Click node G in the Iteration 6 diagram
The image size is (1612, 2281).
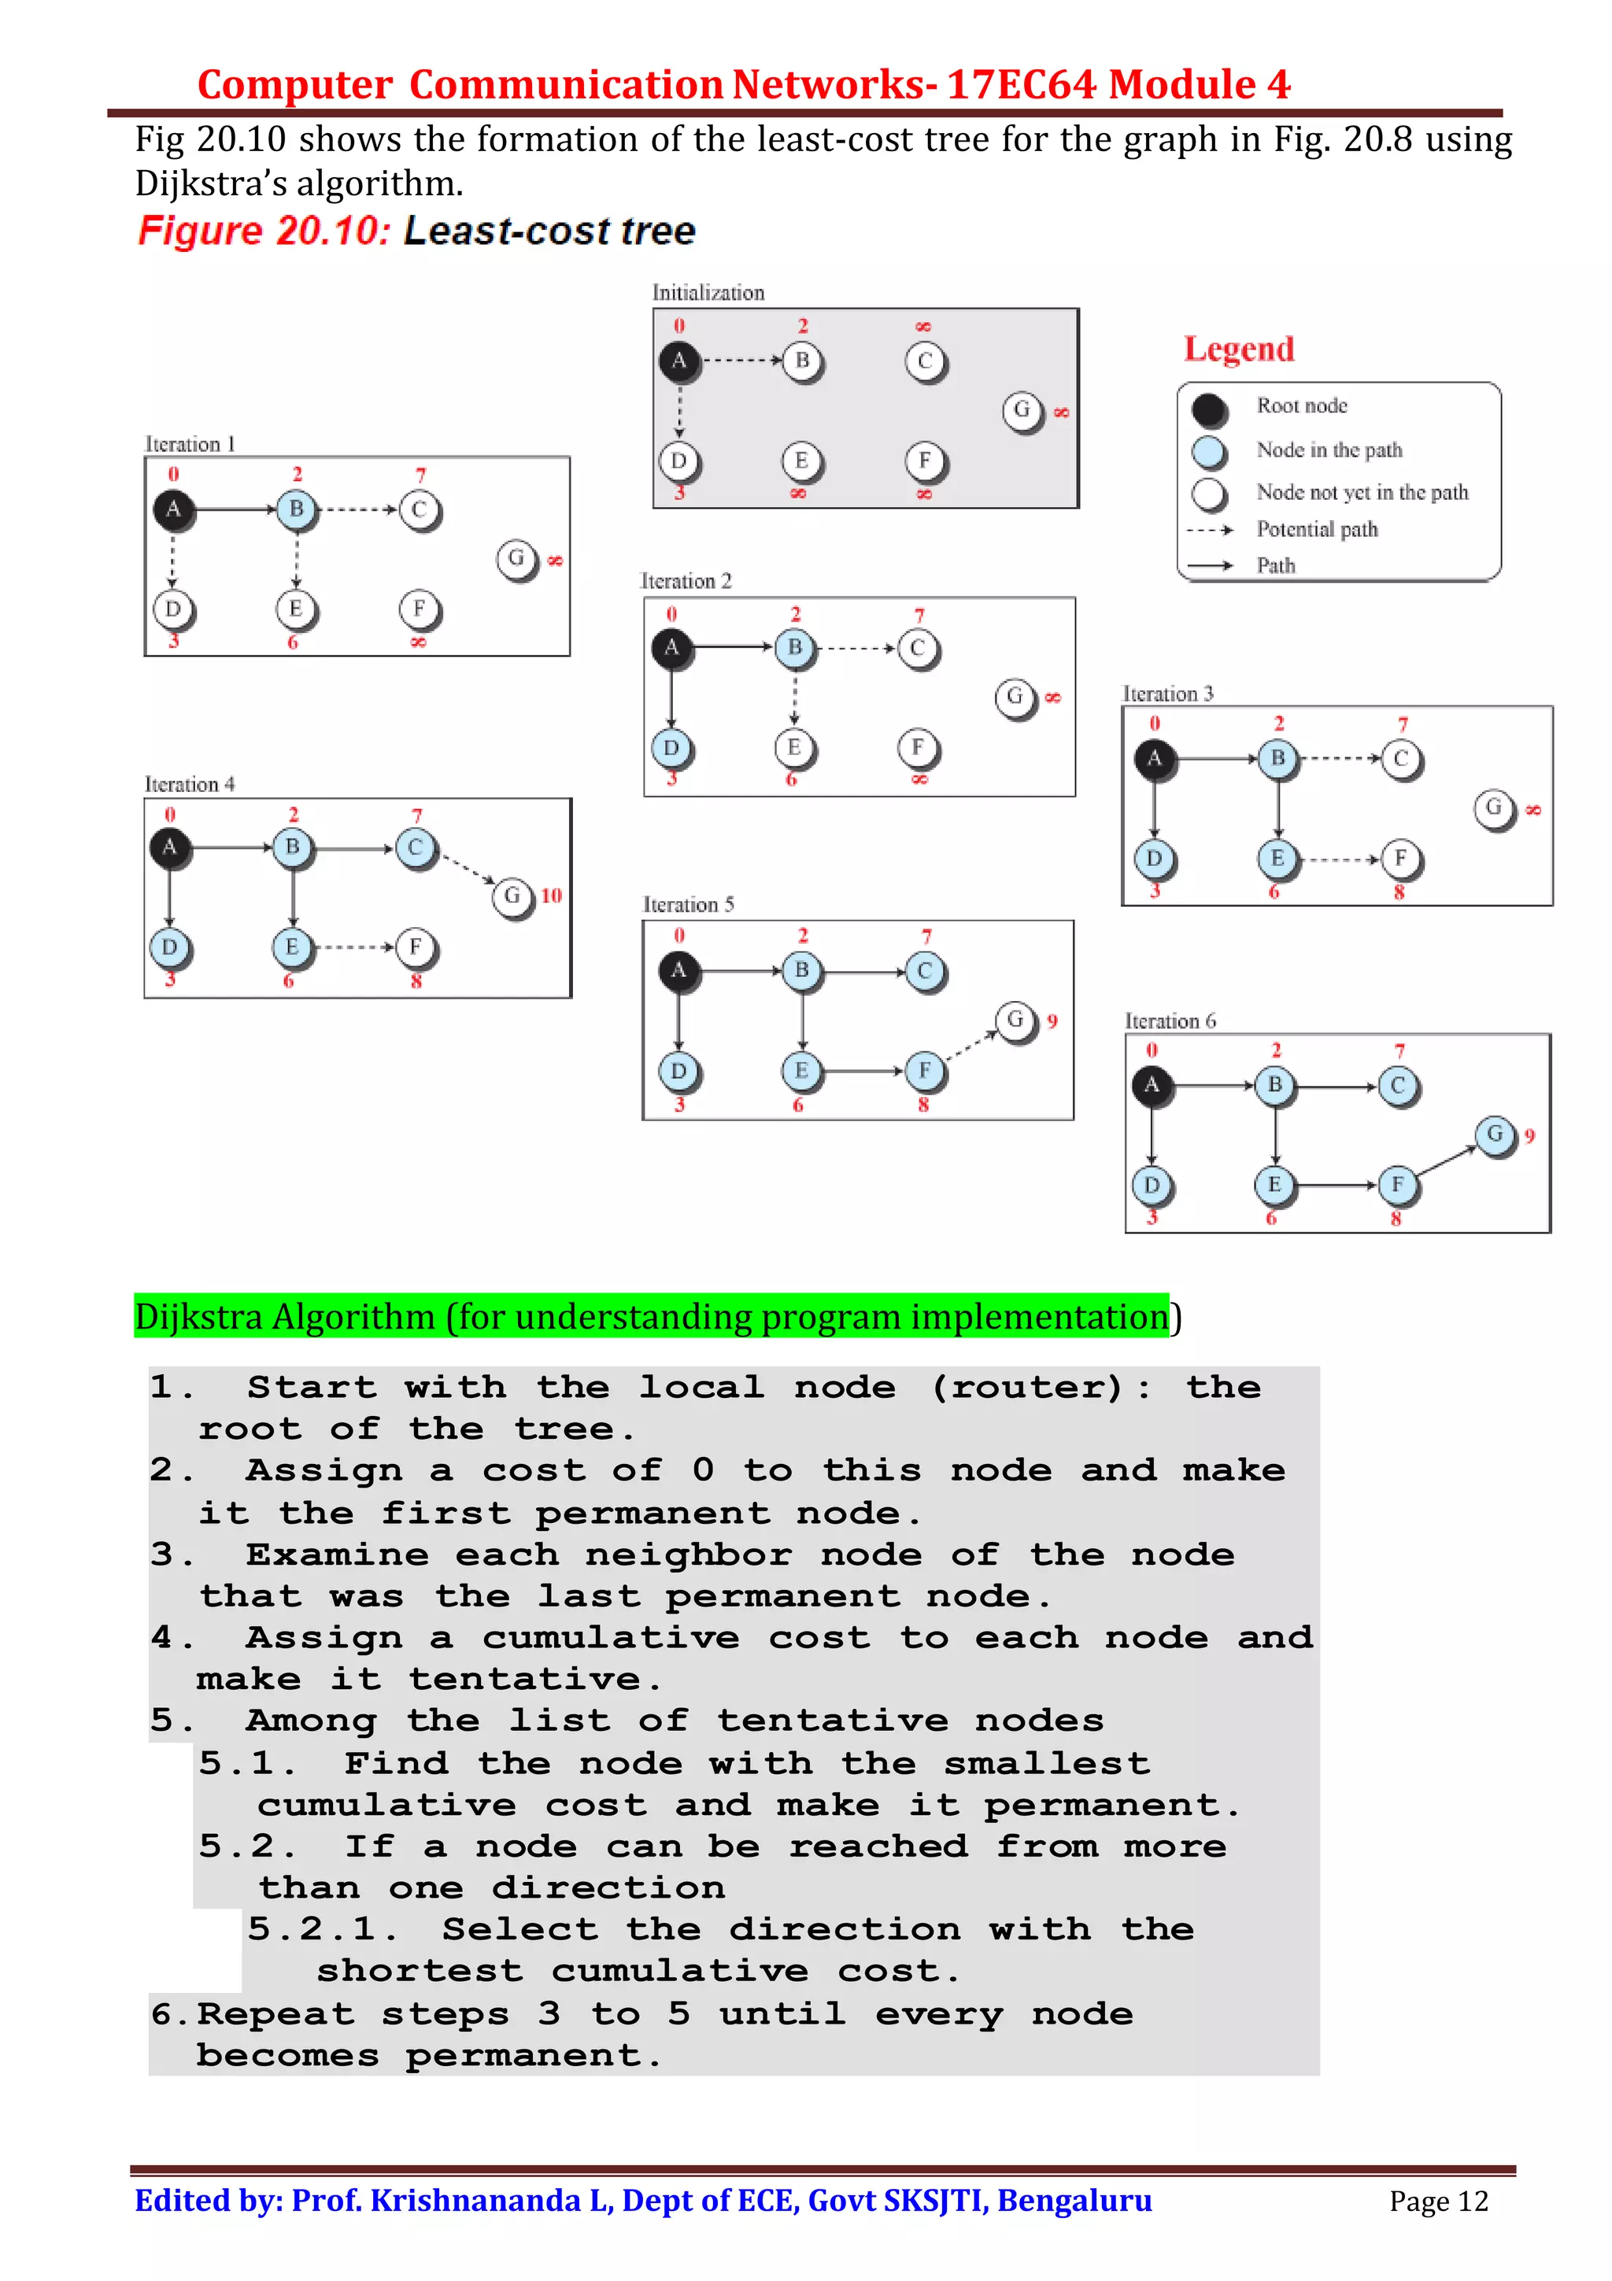pyautogui.click(x=1494, y=1133)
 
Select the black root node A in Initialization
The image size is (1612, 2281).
pyautogui.click(x=678, y=360)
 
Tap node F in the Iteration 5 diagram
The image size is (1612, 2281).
pyautogui.click(x=924, y=1070)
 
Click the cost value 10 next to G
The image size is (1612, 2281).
pyautogui.click(x=551, y=895)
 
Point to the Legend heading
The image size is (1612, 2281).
pyautogui.click(x=1239, y=349)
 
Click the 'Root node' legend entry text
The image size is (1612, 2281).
pyautogui.click(x=1301, y=405)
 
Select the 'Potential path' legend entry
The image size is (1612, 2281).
pyautogui.click(x=1316, y=530)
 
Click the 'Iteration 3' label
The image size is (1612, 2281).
pyautogui.click(x=1167, y=693)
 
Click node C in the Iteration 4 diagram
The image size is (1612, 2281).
pyautogui.click(x=415, y=848)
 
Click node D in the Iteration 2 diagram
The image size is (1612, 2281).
pyautogui.click(x=671, y=747)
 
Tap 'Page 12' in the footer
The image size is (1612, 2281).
pyautogui.click(x=1437, y=2202)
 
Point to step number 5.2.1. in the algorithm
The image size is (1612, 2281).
pyautogui.click(x=321, y=1929)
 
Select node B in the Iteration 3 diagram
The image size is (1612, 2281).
pyautogui.click(x=1277, y=758)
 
